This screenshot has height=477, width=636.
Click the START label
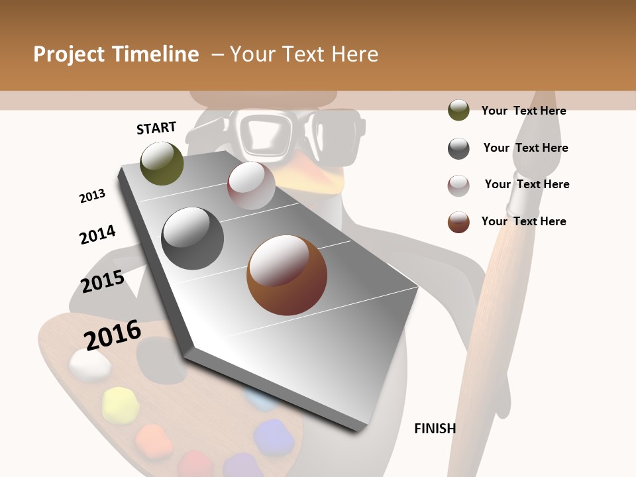point(156,128)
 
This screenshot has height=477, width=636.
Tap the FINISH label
point(435,429)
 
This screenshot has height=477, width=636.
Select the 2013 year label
point(92,196)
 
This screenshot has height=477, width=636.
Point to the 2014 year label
point(97,235)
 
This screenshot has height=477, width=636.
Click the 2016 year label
point(113,335)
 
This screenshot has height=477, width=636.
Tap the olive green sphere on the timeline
point(162,164)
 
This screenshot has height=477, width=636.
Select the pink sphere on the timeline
point(251,185)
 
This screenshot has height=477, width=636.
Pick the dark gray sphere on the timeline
point(192,238)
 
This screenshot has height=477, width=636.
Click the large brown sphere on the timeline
point(287,275)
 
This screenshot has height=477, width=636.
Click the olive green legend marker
point(458,110)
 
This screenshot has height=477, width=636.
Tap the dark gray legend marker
point(458,148)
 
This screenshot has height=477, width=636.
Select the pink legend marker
point(458,185)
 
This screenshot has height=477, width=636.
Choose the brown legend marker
point(458,222)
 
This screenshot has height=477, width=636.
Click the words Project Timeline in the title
point(116,54)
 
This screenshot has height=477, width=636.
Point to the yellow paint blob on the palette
point(121,404)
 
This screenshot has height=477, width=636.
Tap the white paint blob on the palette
point(90,365)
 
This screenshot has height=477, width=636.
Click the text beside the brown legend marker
point(523,221)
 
